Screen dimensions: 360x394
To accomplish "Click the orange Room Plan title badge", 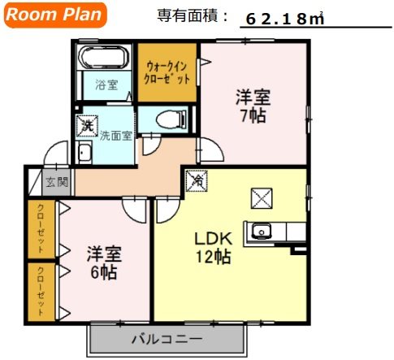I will [56, 15].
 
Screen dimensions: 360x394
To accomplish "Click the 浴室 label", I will [106, 84].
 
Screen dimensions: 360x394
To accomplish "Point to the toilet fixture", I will [167, 119].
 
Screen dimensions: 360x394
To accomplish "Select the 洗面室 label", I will [115, 136].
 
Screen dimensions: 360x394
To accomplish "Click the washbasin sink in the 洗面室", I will [85, 153].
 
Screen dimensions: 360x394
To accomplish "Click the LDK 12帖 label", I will [213, 248].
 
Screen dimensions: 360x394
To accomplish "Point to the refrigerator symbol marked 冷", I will [196, 180].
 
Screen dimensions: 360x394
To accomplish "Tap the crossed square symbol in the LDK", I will [262, 197].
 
